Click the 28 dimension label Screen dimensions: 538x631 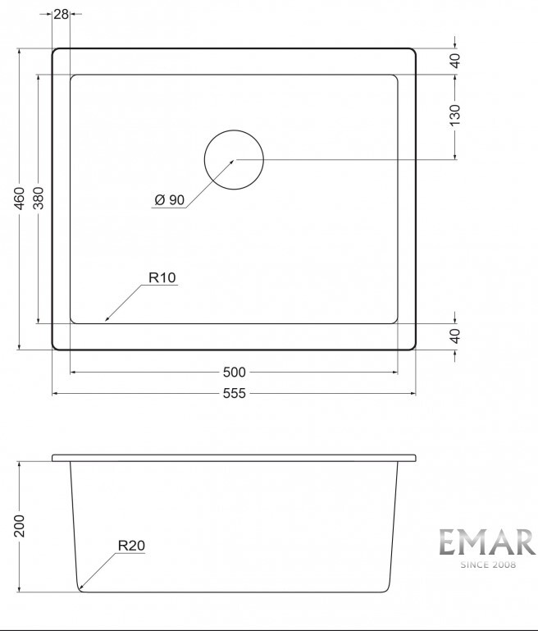click(x=62, y=14)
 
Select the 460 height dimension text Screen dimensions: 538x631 click(x=20, y=198)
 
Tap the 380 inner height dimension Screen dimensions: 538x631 click(x=38, y=198)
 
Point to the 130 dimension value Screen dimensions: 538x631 click(x=454, y=115)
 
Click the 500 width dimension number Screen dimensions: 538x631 click(x=234, y=373)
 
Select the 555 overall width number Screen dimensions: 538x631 click(x=234, y=393)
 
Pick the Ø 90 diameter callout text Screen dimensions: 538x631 click(x=170, y=199)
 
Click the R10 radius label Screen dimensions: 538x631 click(x=162, y=277)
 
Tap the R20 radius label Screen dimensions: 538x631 click(x=131, y=546)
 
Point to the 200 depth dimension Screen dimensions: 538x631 click(x=20, y=526)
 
